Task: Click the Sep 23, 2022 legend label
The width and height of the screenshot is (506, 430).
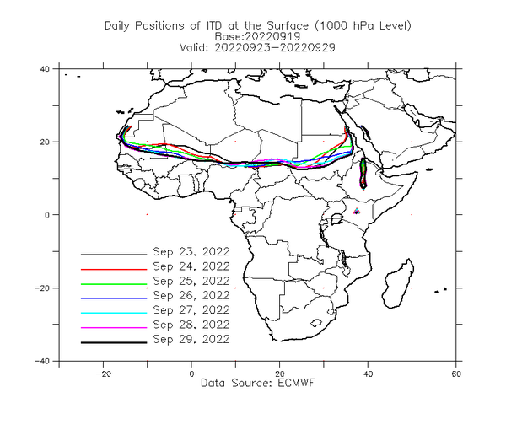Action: click(x=191, y=251)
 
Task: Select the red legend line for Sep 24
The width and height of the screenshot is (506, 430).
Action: click(x=114, y=269)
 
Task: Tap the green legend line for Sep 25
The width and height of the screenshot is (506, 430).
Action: click(x=114, y=284)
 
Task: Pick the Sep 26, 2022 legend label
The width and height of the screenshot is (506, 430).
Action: click(x=191, y=295)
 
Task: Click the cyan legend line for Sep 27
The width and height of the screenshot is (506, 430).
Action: click(x=114, y=313)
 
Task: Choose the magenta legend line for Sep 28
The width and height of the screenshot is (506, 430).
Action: click(x=114, y=328)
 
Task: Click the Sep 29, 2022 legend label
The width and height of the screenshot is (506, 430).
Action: click(x=191, y=339)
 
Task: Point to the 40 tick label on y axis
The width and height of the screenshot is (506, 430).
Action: click(x=45, y=68)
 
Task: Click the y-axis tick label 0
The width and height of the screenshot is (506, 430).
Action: click(x=47, y=215)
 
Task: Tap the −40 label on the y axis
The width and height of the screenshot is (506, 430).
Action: click(x=42, y=361)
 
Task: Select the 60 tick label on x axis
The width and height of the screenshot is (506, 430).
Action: click(x=456, y=374)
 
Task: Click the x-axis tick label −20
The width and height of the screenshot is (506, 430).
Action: click(x=103, y=374)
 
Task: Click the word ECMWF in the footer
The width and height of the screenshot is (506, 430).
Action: click(x=296, y=383)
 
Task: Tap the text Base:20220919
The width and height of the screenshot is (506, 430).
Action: click(x=257, y=36)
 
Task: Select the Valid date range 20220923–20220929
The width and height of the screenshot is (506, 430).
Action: click(x=275, y=47)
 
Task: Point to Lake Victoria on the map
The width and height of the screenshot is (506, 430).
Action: click(x=336, y=219)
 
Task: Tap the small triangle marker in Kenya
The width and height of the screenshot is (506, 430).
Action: click(x=357, y=212)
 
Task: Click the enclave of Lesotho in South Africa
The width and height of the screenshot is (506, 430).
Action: click(x=316, y=323)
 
